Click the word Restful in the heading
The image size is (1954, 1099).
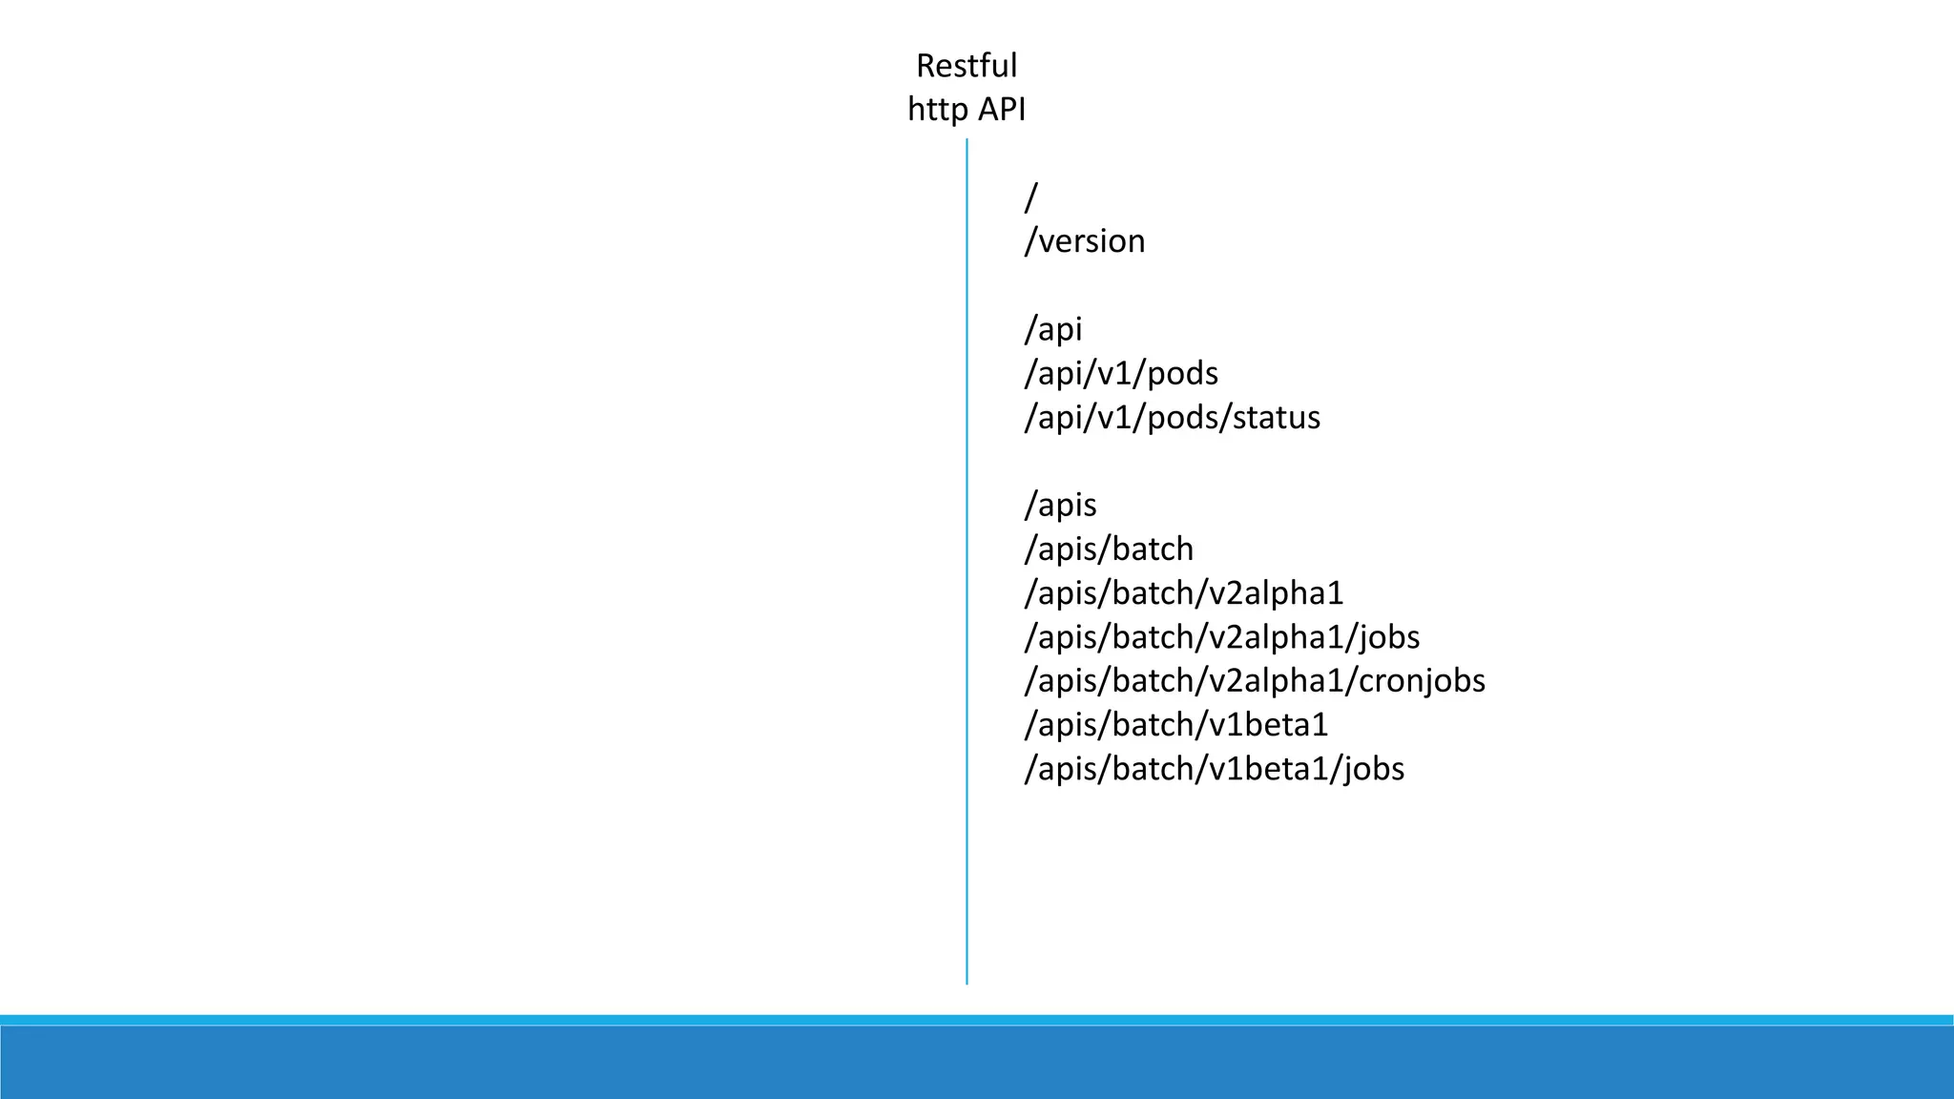click(967, 66)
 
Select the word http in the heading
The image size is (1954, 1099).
click(936, 110)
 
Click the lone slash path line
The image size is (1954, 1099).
click(1030, 197)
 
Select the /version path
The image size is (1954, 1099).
click(1084, 241)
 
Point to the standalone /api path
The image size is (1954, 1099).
click(1053, 329)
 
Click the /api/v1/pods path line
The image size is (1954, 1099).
click(1121, 373)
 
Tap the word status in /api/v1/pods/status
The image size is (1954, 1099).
click(1277, 417)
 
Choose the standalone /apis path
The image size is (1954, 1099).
click(1060, 505)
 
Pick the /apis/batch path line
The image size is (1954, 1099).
click(1109, 549)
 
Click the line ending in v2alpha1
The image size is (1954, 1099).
click(1183, 592)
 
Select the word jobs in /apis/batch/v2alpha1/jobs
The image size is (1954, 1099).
click(1388, 636)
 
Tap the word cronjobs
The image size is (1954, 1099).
click(1422, 680)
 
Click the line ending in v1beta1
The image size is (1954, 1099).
click(1175, 724)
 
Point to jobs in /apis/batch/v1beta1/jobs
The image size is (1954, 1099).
click(1373, 768)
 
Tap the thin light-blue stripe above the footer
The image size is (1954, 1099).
click(977, 1020)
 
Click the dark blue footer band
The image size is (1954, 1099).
click(977, 1063)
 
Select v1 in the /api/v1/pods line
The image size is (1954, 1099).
click(1115, 373)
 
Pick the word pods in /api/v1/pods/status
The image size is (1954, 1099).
click(1183, 417)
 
